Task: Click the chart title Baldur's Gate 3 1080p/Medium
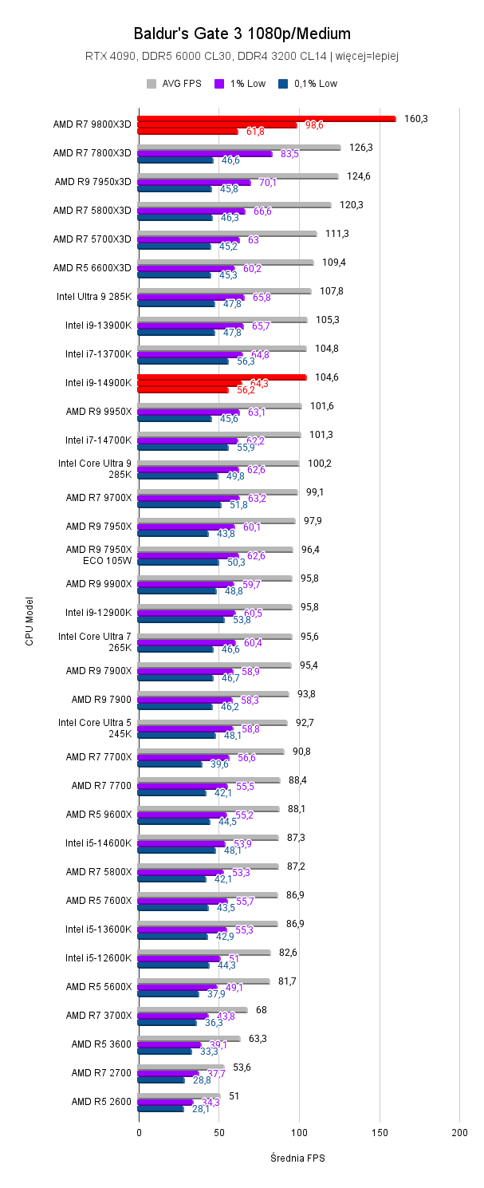pyautogui.click(x=242, y=34)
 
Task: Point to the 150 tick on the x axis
pyautogui.click(x=380, y=1132)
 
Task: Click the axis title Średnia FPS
pyautogui.click(x=298, y=1158)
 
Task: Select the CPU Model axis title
pyautogui.click(x=30, y=620)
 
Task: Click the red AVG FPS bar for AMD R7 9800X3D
pyautogui.click(x=266, y=119)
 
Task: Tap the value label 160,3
pyautogui.click(x=416, y=119)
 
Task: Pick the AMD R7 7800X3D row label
pyautogui.click(x=92, y=153)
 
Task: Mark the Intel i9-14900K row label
pyautogui.click(x=98, y=383)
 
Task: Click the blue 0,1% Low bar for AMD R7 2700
pyautogui.click(x=161, y=1079)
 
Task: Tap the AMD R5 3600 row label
pyautogui.click(x=101, y=1044)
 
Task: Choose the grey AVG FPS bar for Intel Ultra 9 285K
pyautogui.click(x=224, y=291)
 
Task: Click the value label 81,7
pyautogui.click(x=287, y=981)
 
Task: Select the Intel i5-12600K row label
pyautogui.click(x=98, y=957)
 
